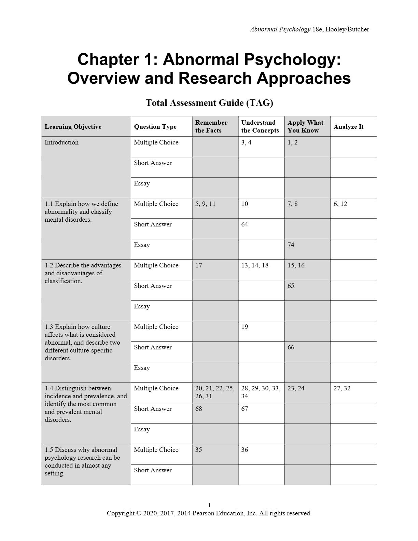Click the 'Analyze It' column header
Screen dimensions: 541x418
click(x=348, y=127)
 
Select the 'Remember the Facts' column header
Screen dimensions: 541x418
click(x=211, y=126)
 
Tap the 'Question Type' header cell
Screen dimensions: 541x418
click(x=155, y=127)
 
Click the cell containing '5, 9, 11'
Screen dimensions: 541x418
click(x=205, y=204)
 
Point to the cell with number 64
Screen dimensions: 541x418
click(x=245, y=224)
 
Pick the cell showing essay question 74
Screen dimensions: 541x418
click(x=291, y=245)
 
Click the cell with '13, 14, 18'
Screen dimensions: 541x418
click(x=255, y=265)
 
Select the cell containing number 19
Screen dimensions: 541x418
click(x=245, y=327)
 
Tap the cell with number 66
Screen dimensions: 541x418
click(x=291, y=347)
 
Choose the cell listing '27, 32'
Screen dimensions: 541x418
click(x=342, y=388)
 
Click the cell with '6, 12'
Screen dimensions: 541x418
click(x=340, y=204)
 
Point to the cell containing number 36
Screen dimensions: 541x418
click(x=245, y=450)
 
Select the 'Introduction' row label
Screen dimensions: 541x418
click(x=61, y=142)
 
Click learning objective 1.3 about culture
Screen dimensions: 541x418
click(x=82, y=342)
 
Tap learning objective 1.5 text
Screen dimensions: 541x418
click(x=82, y=461)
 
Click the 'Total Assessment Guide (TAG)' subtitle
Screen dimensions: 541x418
click(x=209, y=103)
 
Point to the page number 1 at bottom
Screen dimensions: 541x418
click(x=209, y=505)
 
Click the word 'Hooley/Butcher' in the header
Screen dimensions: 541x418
click(x=347, y=29)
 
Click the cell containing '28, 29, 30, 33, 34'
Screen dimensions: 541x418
click(x=261, y=392)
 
